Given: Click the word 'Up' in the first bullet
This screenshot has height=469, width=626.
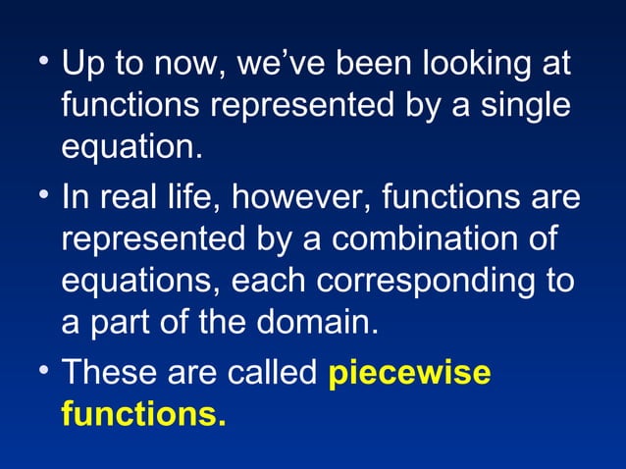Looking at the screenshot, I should click(81, 68).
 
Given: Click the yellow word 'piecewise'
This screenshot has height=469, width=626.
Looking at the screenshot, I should click(410, 375).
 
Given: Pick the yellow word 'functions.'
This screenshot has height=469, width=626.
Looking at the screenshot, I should click(143, 414).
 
